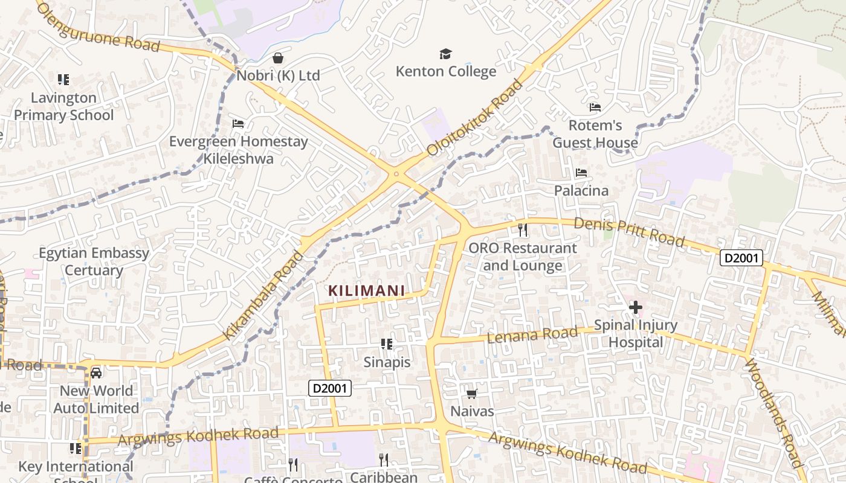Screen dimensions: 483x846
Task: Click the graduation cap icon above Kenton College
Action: click(445, 54)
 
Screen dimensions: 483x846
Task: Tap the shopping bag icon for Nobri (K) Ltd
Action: click(278, 58)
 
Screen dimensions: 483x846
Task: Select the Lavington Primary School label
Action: click(63, 106)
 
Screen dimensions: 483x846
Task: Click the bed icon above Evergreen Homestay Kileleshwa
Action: click(238, 124)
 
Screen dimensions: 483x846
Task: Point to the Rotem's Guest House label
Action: click(595, 134)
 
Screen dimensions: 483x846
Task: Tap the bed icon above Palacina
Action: click(581, 173)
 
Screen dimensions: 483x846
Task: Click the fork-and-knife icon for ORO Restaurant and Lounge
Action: click(523, 230)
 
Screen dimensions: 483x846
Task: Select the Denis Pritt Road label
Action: click(629, 232)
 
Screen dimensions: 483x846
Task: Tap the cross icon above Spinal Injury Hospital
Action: click(635, 307)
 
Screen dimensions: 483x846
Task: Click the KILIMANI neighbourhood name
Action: click(367, 290)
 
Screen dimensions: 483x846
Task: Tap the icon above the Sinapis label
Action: click(387, 344)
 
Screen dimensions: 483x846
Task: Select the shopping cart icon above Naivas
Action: click(471, 394)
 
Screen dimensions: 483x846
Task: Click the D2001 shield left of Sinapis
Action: click(330, 388)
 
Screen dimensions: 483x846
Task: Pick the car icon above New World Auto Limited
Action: click(96, 373)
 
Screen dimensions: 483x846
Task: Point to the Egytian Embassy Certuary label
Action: click(94, 261)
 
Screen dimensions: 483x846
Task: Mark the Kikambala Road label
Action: click(263, 295)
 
